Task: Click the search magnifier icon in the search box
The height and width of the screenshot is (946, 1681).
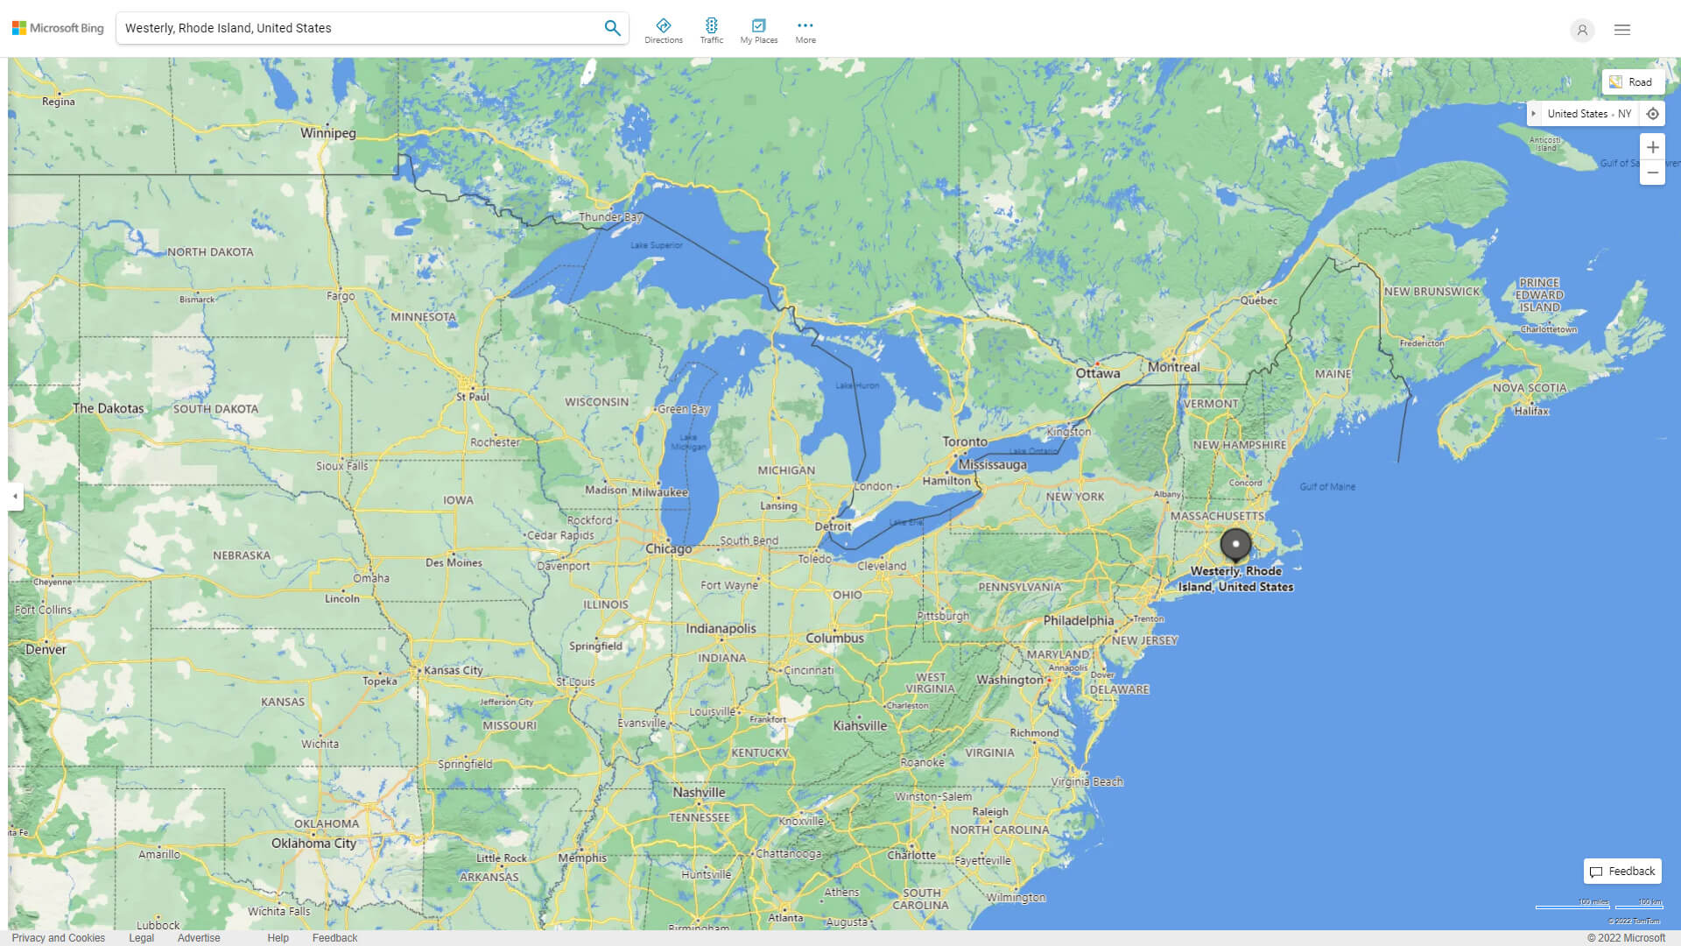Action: coord(612,28)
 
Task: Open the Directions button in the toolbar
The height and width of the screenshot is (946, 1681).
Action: coord(663,31)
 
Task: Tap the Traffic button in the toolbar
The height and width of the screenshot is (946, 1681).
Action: coord(711,31)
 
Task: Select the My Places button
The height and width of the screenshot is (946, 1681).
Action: coord(758,31)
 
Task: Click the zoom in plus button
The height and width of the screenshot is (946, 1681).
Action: coord(1652,147)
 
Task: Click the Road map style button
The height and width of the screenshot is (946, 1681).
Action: coord(1632,82)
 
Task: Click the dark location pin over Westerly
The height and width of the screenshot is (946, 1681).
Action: coord(1235,545)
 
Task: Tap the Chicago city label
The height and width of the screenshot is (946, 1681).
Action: coord(668,549)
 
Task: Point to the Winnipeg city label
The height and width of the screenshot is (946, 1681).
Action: coord(327,133)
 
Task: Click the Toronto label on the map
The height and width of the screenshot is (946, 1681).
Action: coord(964,441)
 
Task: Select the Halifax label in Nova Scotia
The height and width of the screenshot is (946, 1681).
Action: coord(1531,411)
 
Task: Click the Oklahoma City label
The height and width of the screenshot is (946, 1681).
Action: coord(313,844)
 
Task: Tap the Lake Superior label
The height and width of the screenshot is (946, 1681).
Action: coord(656,245)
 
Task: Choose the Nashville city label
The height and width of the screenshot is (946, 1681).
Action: coord(699,793)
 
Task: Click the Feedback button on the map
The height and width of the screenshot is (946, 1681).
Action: coord(1622,872)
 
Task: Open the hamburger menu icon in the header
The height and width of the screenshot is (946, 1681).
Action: coord(1621,30)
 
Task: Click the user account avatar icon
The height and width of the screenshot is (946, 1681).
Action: coord(1581,30)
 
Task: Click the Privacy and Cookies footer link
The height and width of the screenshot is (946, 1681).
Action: coord(58,938)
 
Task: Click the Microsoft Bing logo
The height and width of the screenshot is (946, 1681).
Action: coord(58,28)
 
